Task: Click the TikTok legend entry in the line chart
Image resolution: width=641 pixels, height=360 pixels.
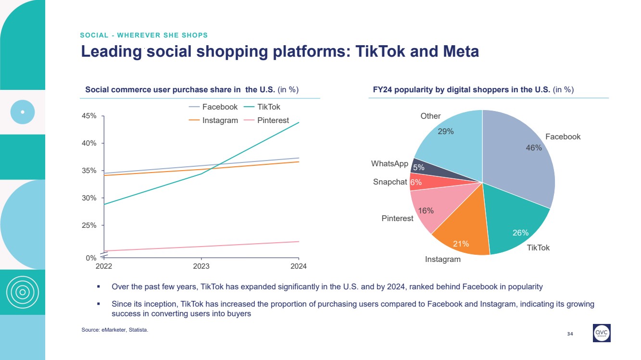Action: pos(262,107)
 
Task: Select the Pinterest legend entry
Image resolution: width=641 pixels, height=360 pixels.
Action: pos(266,120)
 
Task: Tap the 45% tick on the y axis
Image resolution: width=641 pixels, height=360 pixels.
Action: pos(90,116)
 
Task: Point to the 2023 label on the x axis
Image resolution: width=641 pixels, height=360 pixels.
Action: pos(201,266)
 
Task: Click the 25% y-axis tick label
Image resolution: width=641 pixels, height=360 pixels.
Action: pos(90,225)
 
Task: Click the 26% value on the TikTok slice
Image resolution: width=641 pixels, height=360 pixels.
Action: pos(520,233)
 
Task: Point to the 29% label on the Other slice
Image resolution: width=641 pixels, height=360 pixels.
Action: pos(446,131)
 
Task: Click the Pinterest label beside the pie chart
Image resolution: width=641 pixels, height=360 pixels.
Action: pos(397,218)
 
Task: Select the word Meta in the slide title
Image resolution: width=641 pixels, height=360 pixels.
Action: pos(457,51)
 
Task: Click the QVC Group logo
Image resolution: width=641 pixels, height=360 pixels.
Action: pos(602,333)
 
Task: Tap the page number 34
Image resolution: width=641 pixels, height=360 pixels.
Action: pos(570,334)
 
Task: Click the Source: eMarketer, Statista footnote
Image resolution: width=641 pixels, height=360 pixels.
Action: pos(115,330)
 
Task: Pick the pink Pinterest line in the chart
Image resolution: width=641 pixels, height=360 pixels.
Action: pos(202,246)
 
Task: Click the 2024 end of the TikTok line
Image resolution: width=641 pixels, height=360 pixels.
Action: pos(299,123)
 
